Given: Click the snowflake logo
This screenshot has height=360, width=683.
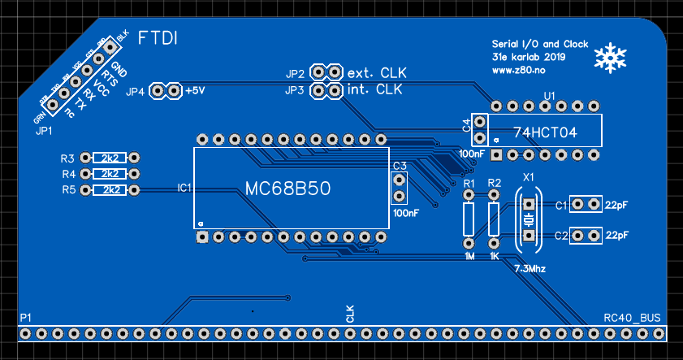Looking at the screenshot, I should coord(611,58).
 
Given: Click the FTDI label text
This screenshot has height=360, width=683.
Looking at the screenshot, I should coord(158,38).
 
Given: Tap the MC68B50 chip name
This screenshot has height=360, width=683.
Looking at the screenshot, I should coord(287,189).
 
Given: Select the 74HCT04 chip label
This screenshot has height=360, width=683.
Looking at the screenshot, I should coord(545,132).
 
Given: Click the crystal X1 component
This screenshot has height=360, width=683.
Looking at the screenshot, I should coord(528,219).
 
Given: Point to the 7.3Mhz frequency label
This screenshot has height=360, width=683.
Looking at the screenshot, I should coord(530,267).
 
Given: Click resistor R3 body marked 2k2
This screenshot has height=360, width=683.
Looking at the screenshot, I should coord(111,158).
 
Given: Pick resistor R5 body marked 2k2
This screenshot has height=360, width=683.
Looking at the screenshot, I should coord(111,189).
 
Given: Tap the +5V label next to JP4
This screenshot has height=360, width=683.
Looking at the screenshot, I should coord(196,91).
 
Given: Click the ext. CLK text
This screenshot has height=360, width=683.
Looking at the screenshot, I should coord(376,72).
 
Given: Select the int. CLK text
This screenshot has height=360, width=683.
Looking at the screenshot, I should coord(374,90).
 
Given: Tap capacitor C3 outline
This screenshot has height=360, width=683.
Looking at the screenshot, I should coord(399,188).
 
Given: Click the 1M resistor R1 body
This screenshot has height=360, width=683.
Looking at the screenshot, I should coord(469,219).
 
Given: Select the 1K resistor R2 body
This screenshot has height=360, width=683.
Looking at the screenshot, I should coord(494,219).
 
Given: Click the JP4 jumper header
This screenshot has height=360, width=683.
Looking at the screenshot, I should coord(166,91).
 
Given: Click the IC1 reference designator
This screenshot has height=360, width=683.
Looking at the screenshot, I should coord(184,188).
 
